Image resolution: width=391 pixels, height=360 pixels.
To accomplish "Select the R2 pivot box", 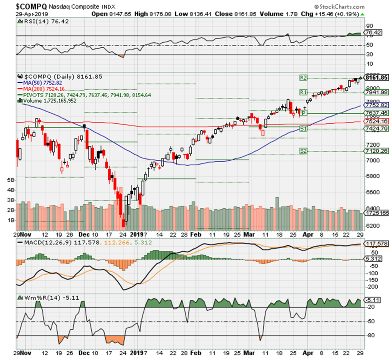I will pos(304,77).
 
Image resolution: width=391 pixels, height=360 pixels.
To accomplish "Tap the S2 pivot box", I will pos(304,151).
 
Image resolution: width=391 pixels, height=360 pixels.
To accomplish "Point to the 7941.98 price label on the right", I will pos(376,92).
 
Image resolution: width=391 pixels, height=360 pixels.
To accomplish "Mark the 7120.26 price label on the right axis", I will pos(376,151).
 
